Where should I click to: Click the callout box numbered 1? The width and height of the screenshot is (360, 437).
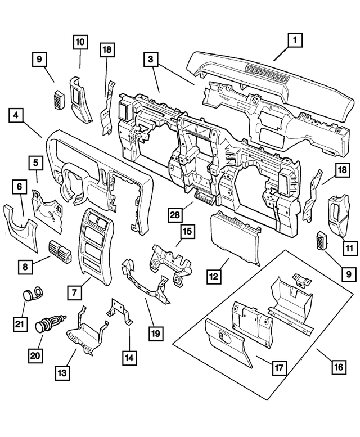point(295,40)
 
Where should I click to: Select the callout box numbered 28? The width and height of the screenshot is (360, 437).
point(175,215)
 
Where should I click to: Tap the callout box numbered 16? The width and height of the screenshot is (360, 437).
point(339,367)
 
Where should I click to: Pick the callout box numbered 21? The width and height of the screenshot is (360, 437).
point(21,324)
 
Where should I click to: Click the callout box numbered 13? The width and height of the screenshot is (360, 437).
point(62,373)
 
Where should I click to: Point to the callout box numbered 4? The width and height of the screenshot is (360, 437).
point(16,115)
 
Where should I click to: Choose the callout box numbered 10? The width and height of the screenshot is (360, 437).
point(80,42)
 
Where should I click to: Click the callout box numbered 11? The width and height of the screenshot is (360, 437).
point(349,248)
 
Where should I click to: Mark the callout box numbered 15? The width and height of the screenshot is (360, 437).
point(188,231)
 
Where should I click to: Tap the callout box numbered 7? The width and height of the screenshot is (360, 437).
point(74,292)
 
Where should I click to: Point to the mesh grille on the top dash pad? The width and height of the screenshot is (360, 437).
point(270,73)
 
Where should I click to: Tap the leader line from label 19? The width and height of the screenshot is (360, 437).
point(151,313)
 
